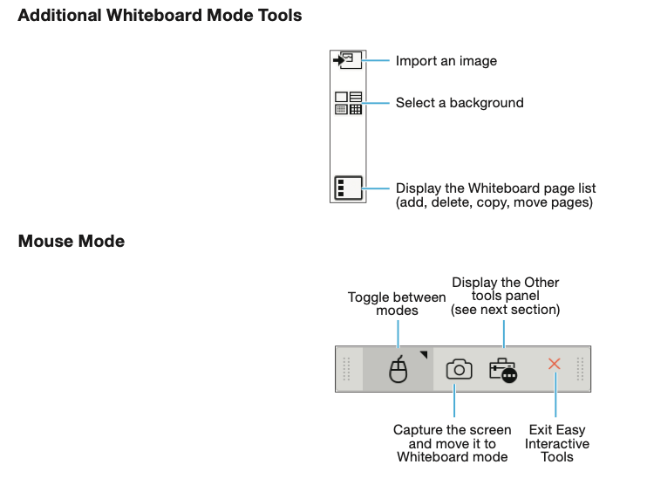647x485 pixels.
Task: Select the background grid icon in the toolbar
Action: [348, 103]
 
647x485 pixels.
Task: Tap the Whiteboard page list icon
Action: [348, 188]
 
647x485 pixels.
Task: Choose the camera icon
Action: [459, 369]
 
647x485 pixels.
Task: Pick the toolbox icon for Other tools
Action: [503, 370]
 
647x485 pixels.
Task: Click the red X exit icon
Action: [555, 364]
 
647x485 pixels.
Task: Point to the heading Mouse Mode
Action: [72, 241]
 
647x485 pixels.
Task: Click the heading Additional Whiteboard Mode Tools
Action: [160, 16]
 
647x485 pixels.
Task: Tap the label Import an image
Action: [446, 61]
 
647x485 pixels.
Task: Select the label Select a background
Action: [460, 103]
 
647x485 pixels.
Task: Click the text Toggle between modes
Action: [397, 304]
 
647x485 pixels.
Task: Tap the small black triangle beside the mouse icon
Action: [424, 354]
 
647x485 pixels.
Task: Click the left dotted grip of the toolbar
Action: [346, 369]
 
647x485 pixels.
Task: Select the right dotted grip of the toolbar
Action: [580, 369]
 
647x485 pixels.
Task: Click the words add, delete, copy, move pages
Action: [494, 203]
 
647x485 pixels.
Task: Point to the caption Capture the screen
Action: [452, 430]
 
